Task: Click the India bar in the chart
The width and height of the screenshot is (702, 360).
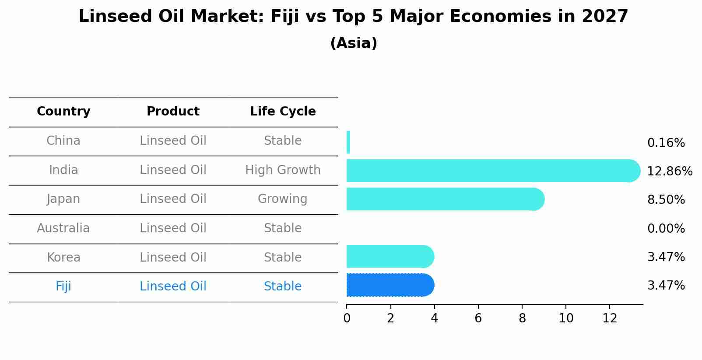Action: [x=490, y=171]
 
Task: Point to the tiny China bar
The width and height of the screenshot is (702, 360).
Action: [x=348, y=142]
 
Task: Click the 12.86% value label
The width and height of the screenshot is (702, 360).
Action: [x=669, y=171]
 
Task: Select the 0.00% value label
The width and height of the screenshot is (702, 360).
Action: [x=666, y=229]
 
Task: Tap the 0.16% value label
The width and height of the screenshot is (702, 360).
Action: [x=666, y=143]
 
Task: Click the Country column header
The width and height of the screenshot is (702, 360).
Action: [x=63, y=112]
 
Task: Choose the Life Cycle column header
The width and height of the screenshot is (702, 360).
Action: [x=283, y=112]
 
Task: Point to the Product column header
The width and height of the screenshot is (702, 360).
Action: [x=173, y=112]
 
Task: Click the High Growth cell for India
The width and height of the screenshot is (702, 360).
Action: [x=283, y=170]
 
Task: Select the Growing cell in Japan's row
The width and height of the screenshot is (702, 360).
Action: [x=282, y=199]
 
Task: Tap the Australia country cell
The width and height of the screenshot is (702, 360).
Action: [x=63, y=228]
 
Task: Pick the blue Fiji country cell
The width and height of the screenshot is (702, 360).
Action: [x=63, y=287]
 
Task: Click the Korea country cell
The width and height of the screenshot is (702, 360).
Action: [x=63, y=258]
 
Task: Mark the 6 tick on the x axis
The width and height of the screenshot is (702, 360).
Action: [x=478, y=318]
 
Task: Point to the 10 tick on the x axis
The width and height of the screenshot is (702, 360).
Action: [x=565, y=318]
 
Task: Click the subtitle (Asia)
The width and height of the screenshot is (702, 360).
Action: [x=354, y=43]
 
